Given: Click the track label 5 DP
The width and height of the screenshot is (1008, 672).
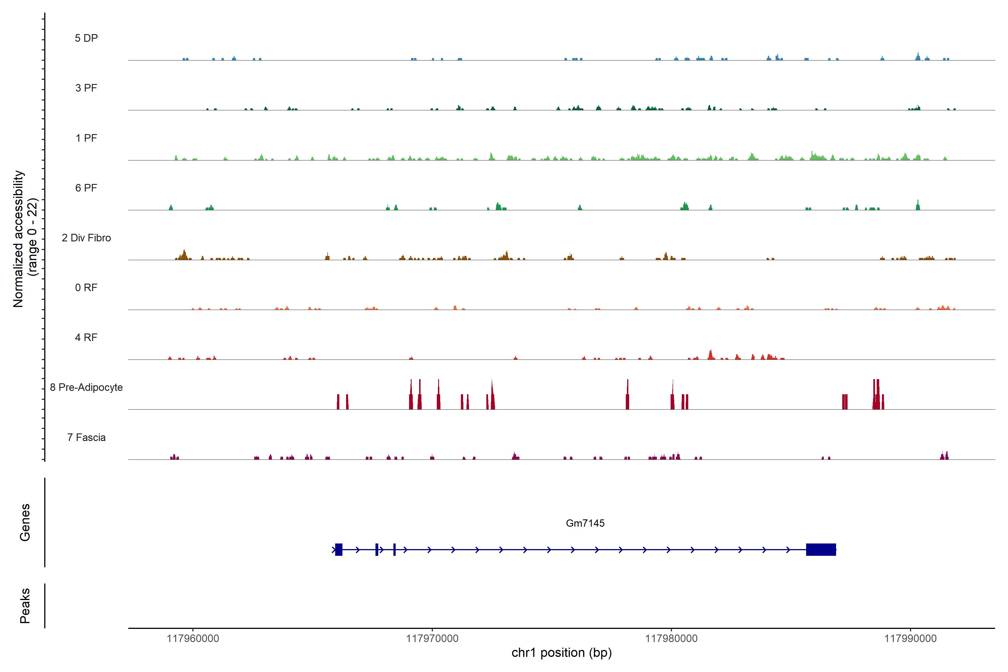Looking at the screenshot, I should (86, 38).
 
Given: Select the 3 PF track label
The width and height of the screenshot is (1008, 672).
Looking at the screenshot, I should (86, 88).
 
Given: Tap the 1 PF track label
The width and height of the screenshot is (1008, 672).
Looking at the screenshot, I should (86, 138).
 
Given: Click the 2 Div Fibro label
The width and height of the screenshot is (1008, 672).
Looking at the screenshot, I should (86, 238).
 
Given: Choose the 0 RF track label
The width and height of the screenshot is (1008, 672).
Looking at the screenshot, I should (86, 288).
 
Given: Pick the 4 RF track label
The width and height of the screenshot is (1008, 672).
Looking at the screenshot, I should (86, 337).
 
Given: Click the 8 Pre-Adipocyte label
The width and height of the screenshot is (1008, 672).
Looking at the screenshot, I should (86, 388).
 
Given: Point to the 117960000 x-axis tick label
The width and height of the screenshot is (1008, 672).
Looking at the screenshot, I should (193, 639).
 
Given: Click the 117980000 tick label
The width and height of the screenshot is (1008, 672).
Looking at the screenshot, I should (671, 639).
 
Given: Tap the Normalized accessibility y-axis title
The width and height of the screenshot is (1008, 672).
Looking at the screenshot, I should (25, 239).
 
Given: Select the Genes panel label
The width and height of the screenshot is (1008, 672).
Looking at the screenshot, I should (25, 522).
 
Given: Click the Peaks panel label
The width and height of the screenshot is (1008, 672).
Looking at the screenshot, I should (25, 606).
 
